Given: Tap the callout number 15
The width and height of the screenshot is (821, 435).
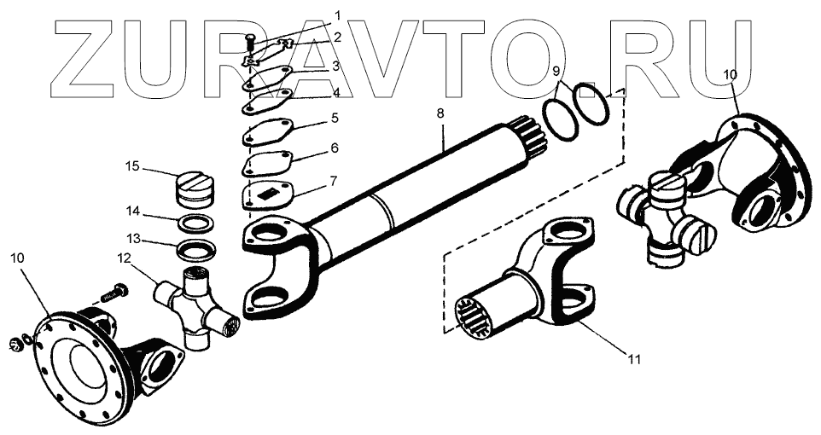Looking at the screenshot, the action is (131, 165).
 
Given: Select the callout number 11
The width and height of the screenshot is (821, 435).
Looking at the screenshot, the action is (633, 359).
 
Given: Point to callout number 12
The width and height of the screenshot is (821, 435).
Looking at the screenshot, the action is (125, 258).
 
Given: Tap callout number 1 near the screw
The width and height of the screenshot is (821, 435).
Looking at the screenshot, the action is (314, 15).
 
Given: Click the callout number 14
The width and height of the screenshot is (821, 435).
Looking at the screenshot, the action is (131, 210).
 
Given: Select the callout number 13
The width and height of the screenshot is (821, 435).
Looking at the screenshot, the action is (131, 238).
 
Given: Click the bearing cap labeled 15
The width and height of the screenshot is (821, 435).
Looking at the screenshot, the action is (196, 190).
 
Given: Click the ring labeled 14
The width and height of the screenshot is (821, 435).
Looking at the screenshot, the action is (196, 224).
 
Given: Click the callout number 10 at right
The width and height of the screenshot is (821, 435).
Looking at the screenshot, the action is (730, 75).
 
